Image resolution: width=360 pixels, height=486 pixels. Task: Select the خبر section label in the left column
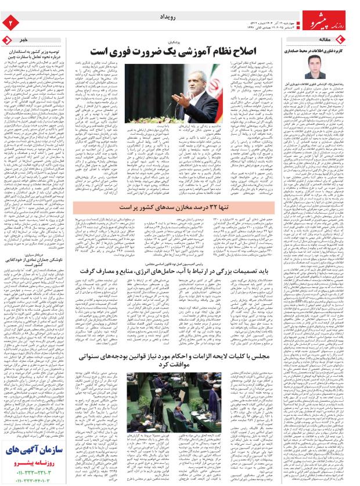[x=24, y=39]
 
